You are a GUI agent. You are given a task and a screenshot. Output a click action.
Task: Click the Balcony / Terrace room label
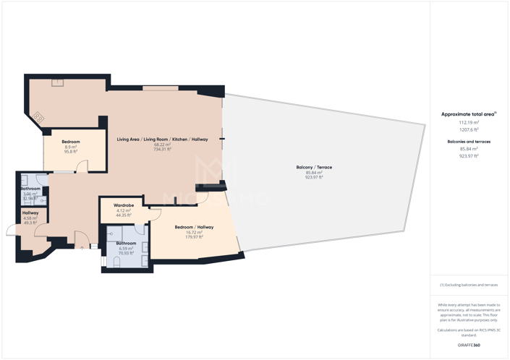point(314,168)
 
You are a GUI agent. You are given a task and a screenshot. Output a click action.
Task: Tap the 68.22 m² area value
point(162,145)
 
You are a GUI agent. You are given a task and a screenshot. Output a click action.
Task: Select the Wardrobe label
point(124,205)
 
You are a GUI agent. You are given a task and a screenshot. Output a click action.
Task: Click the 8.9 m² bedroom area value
point(71,147)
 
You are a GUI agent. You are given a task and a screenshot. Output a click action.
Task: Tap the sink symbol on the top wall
point(57,82)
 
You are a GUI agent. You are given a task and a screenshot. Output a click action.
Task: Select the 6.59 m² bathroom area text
point(127,249)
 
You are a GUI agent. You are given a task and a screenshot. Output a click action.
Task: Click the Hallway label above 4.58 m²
point(30,213)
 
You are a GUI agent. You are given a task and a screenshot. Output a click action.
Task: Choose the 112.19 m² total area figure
point(469,123)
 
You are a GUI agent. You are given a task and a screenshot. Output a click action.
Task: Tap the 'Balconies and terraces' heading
point(469,142)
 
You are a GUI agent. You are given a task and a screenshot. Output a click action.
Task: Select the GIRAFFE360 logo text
point(469,345)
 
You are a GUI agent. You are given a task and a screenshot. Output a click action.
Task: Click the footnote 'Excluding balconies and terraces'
point(469,285)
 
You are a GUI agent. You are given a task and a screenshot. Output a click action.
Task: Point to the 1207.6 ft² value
point(469,130)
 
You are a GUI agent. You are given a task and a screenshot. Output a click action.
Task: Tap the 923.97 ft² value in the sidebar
point(469,156)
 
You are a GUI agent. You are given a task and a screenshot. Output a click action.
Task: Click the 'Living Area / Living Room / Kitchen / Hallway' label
point(162,139)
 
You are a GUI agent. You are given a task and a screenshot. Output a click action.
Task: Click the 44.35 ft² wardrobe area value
point(124,215)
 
